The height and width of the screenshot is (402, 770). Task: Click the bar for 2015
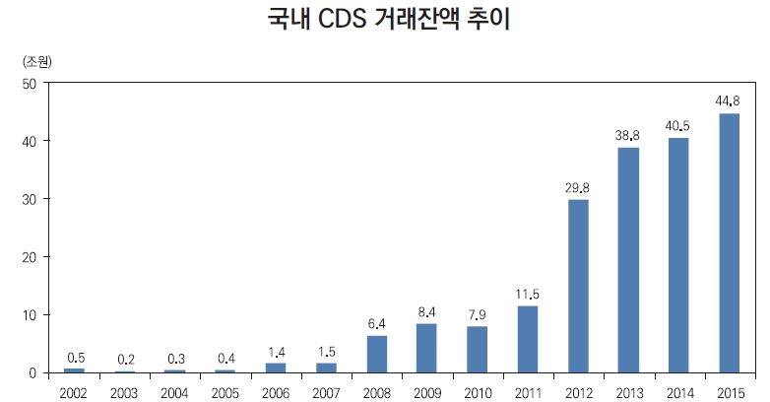click(730, 243)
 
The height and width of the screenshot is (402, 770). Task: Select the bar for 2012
click(578, 286)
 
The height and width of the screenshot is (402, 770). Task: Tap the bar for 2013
click(628, 260)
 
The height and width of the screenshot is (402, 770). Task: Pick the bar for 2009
click(426, 348)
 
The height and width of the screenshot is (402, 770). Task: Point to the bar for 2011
click(528, 339)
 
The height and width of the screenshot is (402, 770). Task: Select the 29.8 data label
click(578, 187)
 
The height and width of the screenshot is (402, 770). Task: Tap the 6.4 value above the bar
click(376, 323)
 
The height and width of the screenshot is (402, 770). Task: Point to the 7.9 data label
click(478, 314)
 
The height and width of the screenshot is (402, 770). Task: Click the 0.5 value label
click(75, 357)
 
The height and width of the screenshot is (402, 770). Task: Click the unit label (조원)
click(36, 61)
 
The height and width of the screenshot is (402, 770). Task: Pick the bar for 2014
click(679, 255)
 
